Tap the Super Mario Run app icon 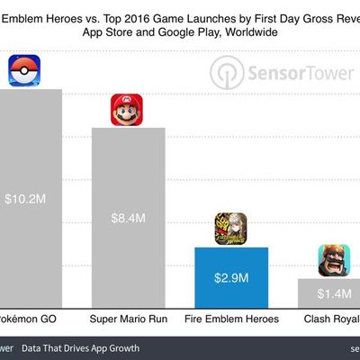128,111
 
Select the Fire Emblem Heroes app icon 230,229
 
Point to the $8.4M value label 129,218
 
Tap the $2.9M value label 231,277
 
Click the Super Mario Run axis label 129,319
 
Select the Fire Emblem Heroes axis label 231,319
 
